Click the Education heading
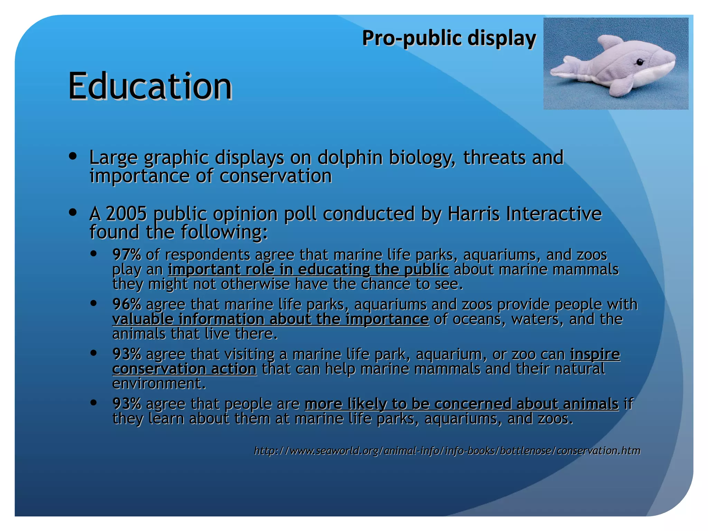[150, 86]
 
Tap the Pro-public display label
[449, 38]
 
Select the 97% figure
[127, 255]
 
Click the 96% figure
[127, 305]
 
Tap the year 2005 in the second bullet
[126, 214]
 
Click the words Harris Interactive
[524, 214]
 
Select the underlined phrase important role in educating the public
[308, 270]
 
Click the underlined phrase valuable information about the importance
[270, 319]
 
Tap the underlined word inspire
[595, 354]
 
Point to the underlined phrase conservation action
[184, 369]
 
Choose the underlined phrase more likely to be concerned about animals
[461, 404]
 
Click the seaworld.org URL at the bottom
[447, 451]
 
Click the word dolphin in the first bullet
[350, 158]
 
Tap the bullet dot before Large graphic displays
[73, 156]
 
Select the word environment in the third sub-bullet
[159, 383]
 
